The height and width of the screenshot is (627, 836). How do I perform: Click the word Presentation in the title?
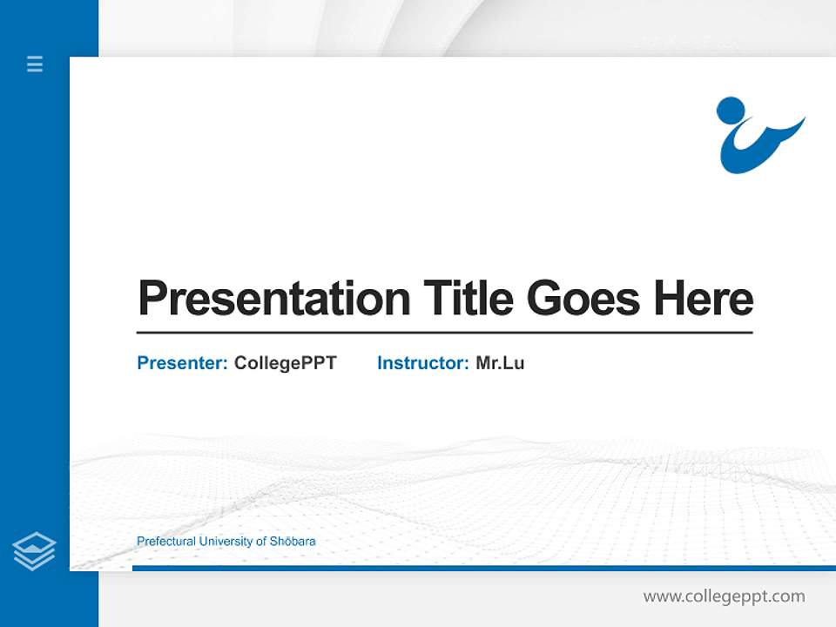pyautogui.click(x=273, y=299)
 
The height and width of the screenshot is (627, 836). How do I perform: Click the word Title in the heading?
pyautogui.click(x=468, y=299)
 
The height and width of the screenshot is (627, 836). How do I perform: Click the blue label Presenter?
pyautogui.click(x=182, y=363)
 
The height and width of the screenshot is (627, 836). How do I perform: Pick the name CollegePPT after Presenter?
pyautogui.click(x=285, y=363)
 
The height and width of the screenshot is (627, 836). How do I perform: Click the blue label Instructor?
pyautogui.click(x=422, y=363)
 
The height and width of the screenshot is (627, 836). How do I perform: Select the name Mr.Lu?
pyautogui.click(x=500, y=363)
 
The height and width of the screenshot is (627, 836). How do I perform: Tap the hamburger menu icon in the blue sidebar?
pyautogui.click(x=35, y=64)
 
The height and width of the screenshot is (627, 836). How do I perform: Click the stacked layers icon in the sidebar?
pyautogui.click(x=34, y=551)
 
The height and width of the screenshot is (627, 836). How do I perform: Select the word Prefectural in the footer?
pyautogui.click(x=165, y=542)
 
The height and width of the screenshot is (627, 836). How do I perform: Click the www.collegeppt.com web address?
pyautogui.click(x=724, y=597)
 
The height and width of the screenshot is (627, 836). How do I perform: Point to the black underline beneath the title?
pyautogui.click(x=444, y=332)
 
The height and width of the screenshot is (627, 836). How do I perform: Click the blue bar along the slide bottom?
pyautogui.click(x=479, y=568)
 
